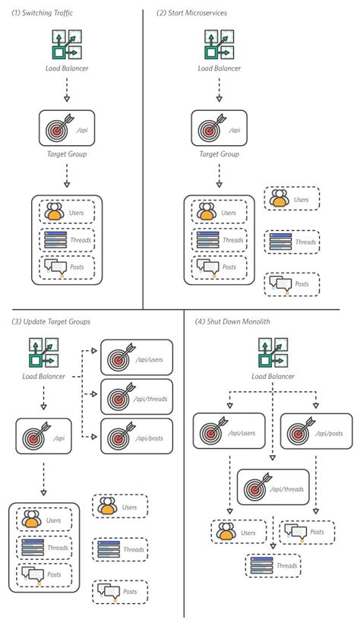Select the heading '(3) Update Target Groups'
51,321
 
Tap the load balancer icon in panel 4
271,354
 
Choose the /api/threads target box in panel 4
273,488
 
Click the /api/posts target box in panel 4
317,432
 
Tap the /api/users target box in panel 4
229,432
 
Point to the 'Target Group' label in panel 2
219,154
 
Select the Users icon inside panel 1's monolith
54,210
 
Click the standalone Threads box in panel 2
292,242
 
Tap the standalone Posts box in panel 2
292,283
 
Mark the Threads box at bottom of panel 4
273,565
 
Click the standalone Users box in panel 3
120,507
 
